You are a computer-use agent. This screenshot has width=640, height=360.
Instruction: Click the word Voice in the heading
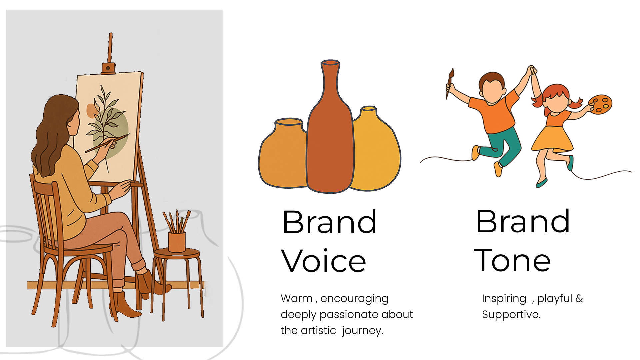point(323,261)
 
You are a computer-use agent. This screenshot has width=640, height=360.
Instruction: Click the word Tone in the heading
point(512,260)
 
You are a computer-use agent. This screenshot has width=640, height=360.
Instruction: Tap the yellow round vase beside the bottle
point(377,150)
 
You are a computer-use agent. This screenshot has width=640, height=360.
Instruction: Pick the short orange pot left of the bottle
point(283,153)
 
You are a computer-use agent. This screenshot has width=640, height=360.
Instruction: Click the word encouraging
point(354,298)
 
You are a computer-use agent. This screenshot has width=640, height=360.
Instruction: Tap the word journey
point(362,330)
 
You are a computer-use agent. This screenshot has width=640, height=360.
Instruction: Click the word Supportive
point(511,314)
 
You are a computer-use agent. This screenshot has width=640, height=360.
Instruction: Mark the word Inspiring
point(504,298)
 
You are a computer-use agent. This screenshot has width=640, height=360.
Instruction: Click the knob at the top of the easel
point(108,68)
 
